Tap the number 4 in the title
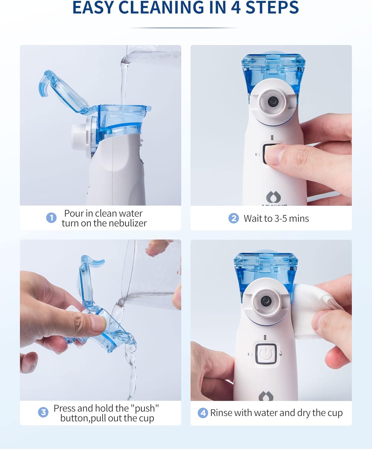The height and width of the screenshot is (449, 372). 236,7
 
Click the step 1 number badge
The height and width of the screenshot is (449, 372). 51,218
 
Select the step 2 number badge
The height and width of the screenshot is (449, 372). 234,218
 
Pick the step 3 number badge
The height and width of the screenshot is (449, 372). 43,412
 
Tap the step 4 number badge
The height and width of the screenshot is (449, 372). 203,413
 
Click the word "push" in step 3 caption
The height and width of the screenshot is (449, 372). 145,408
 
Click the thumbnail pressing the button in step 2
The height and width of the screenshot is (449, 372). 274,155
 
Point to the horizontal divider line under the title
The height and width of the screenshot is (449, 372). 185,28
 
